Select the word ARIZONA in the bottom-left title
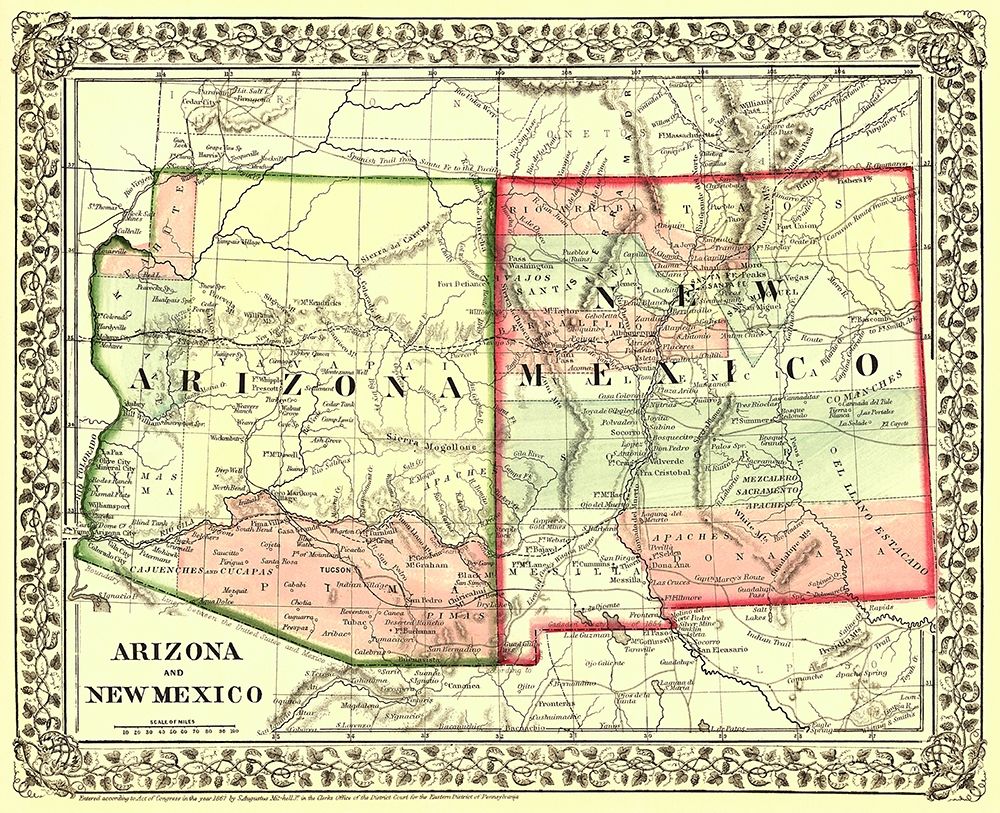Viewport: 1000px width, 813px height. [174, 652]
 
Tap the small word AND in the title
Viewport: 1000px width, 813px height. [173, 673]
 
